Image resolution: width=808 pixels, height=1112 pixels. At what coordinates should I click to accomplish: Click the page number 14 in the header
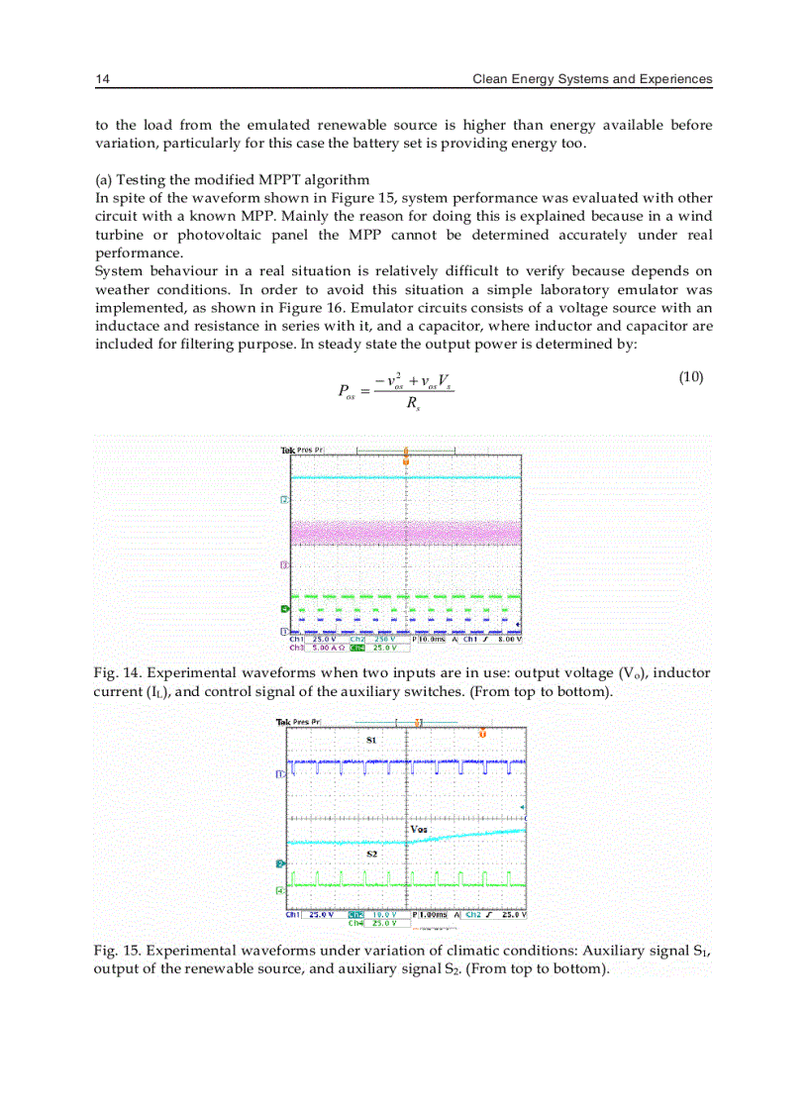tap(102, 78)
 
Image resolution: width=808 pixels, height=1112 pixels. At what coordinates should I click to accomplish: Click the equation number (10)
tap(690, 377)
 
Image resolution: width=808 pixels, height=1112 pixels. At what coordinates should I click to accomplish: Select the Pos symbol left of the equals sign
tap(347, 390)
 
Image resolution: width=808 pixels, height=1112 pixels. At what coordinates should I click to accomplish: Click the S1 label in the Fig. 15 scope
tap(370, 740)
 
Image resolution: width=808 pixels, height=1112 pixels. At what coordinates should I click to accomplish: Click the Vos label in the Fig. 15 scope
tap(420, 828)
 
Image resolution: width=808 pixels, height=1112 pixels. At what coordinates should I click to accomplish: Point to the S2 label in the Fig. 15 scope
tap(372, 853)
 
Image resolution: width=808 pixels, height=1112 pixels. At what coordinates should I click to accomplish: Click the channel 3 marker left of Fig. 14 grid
tap(284, 564)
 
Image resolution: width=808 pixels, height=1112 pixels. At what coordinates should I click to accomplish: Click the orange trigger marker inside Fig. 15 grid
tap(482, 734)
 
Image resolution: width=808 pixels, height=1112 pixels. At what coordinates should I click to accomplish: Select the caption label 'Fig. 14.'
tap(117, 673)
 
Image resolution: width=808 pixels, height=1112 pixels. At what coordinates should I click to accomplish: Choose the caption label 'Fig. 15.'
tap(117, 951)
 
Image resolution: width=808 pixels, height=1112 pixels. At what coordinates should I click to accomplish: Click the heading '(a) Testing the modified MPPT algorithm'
tap(232, 179)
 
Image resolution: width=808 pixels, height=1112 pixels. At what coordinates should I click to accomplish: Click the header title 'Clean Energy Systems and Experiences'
tap(592, 78)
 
